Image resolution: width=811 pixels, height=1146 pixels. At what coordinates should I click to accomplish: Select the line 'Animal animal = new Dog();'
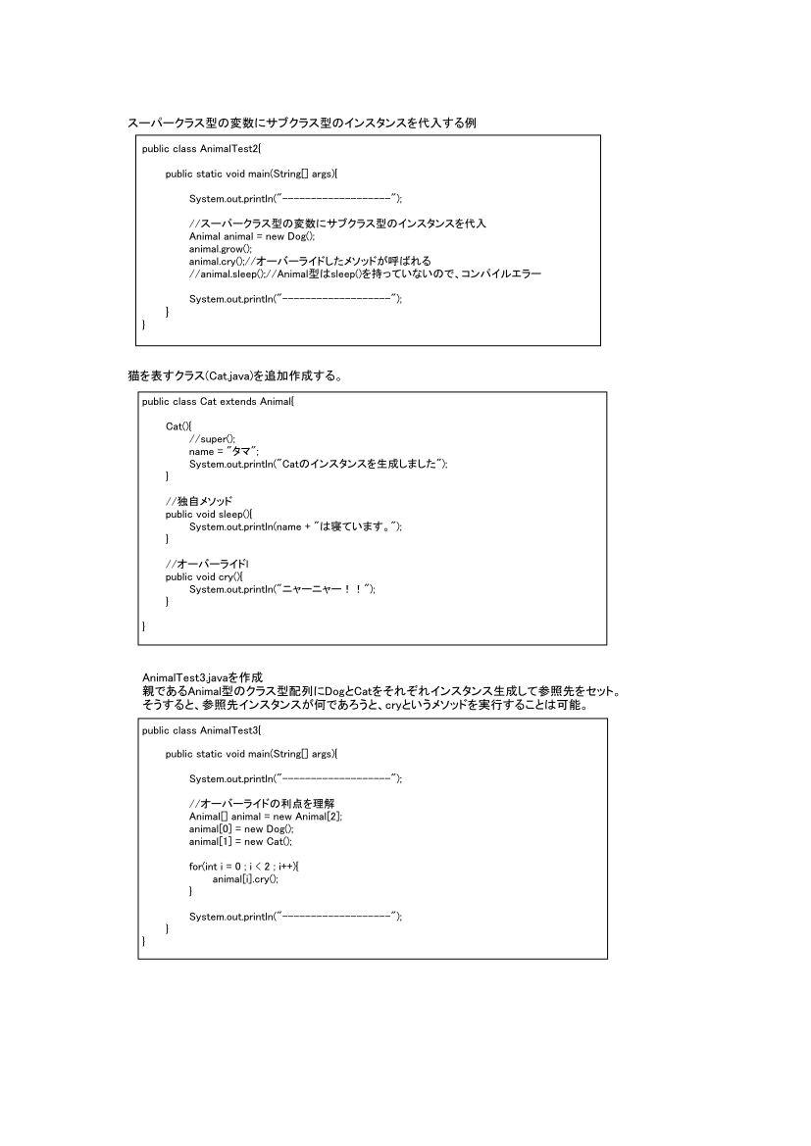coord(251,236)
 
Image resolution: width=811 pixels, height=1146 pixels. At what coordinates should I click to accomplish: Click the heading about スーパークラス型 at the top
coord(302,123)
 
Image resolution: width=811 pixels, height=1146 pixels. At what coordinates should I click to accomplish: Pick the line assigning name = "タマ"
coord(224,451)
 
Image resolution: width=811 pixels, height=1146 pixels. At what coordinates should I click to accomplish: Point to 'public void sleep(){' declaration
coord(209,514)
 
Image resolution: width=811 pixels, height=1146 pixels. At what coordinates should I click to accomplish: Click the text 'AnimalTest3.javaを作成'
coord(203,677)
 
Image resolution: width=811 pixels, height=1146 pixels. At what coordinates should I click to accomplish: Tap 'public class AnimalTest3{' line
coord(201,729)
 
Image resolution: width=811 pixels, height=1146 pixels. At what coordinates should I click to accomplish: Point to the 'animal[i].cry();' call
coord(245,879)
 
